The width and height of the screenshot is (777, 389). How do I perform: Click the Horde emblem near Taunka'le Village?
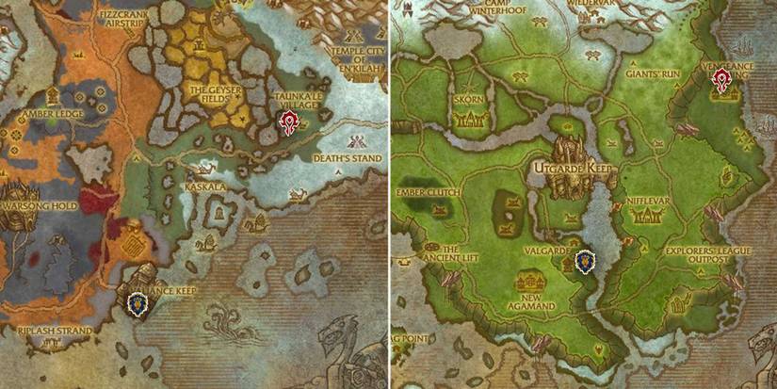click(x=289, y=122)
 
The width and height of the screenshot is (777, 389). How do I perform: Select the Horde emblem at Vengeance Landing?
click(x=721, y=80)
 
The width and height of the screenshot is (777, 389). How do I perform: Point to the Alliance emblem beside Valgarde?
click(x=585, y=260)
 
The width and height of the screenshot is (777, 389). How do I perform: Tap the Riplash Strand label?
click(x=56, y=332)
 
